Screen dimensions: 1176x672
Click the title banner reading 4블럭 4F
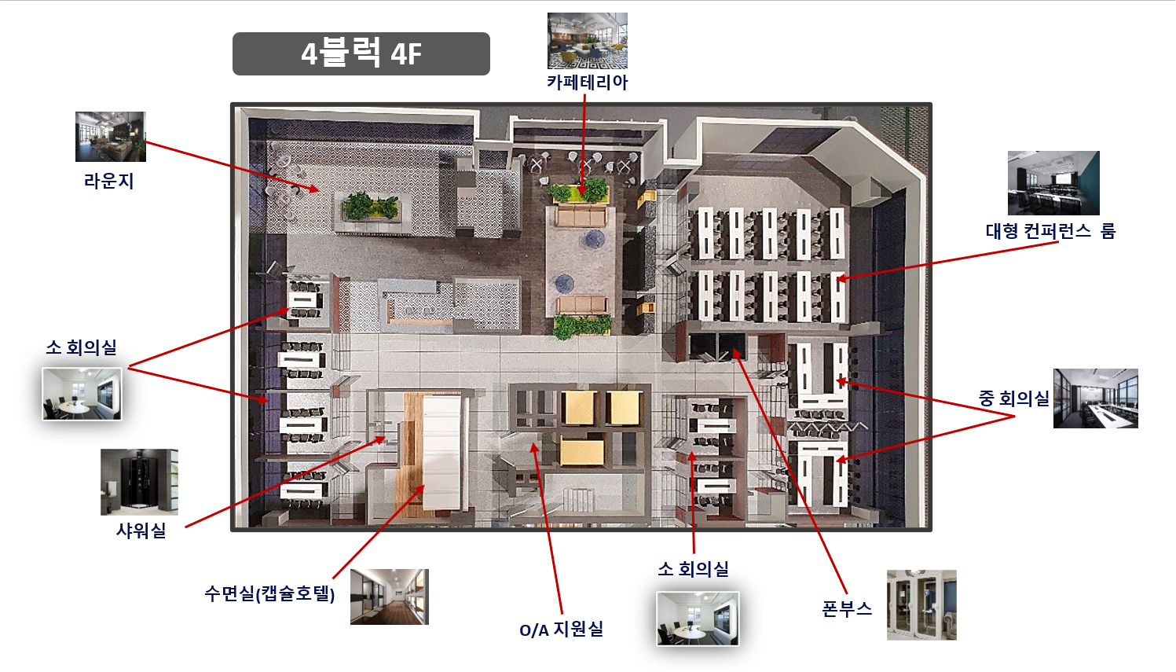(x=361, y=53)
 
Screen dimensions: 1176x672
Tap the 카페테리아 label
(x=587, y=83)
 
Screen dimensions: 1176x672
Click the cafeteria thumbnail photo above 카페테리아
(x=588, y=41)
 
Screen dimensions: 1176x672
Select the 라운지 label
(x=108, y=182)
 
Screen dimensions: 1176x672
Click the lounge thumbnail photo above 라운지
(x=111, y=137)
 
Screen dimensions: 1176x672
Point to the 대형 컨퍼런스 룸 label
(x=1050, y=231)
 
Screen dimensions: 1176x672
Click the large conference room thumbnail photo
(x=1053, y=183)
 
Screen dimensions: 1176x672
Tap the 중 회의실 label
(x=1013, y=398)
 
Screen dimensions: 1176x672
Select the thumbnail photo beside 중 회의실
(x=1096, y=398)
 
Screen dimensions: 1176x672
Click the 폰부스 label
(x=847, y=609)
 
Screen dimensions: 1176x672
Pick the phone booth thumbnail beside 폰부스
(x=922, y=605)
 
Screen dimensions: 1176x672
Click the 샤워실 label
(x=141, y=531)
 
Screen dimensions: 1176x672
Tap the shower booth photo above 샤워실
(x=139, y=482)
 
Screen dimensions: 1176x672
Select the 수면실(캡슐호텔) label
(x=269, y=594)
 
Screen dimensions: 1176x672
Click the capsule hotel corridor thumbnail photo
(x=390, y=597)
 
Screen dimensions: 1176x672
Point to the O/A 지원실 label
(x=561, y=630)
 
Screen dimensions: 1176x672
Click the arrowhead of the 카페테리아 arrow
(x=582, y=189)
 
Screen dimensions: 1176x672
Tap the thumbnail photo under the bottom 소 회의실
(x=698, y=619)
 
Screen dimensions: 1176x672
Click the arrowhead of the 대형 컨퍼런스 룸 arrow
(x=841, y=278)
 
